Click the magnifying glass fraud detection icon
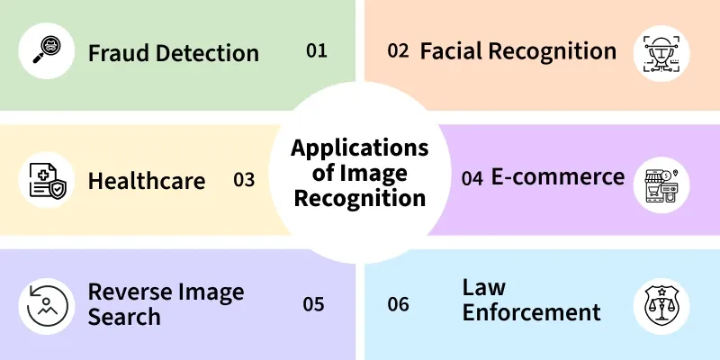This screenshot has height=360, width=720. [x=47, y=50]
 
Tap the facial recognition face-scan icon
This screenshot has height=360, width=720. [x=661, y=54]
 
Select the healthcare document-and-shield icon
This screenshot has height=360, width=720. [x=47, y=181]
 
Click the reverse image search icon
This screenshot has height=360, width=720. [x=47, y=305]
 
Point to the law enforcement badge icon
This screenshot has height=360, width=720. [x=661, y=305]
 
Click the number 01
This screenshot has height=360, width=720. [x=317, y=50]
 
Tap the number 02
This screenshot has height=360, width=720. [x=398, y=50]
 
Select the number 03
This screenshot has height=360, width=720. [x=244, y=180]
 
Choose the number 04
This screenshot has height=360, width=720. [x=472, y=178]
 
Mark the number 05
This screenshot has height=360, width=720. [x=313, y=304]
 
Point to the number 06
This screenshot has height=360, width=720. [x=398, y=304]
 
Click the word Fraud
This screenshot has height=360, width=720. [x=119, y=52]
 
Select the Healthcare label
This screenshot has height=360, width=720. [x=147, y=181]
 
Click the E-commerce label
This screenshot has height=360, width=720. [x=558, y=176]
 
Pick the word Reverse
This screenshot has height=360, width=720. [x=127, y=292]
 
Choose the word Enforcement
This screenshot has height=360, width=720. [x=531, y=311]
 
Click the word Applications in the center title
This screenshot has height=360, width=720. [x=359, y=148]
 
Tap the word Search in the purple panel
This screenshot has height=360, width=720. [x=124, y=317]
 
